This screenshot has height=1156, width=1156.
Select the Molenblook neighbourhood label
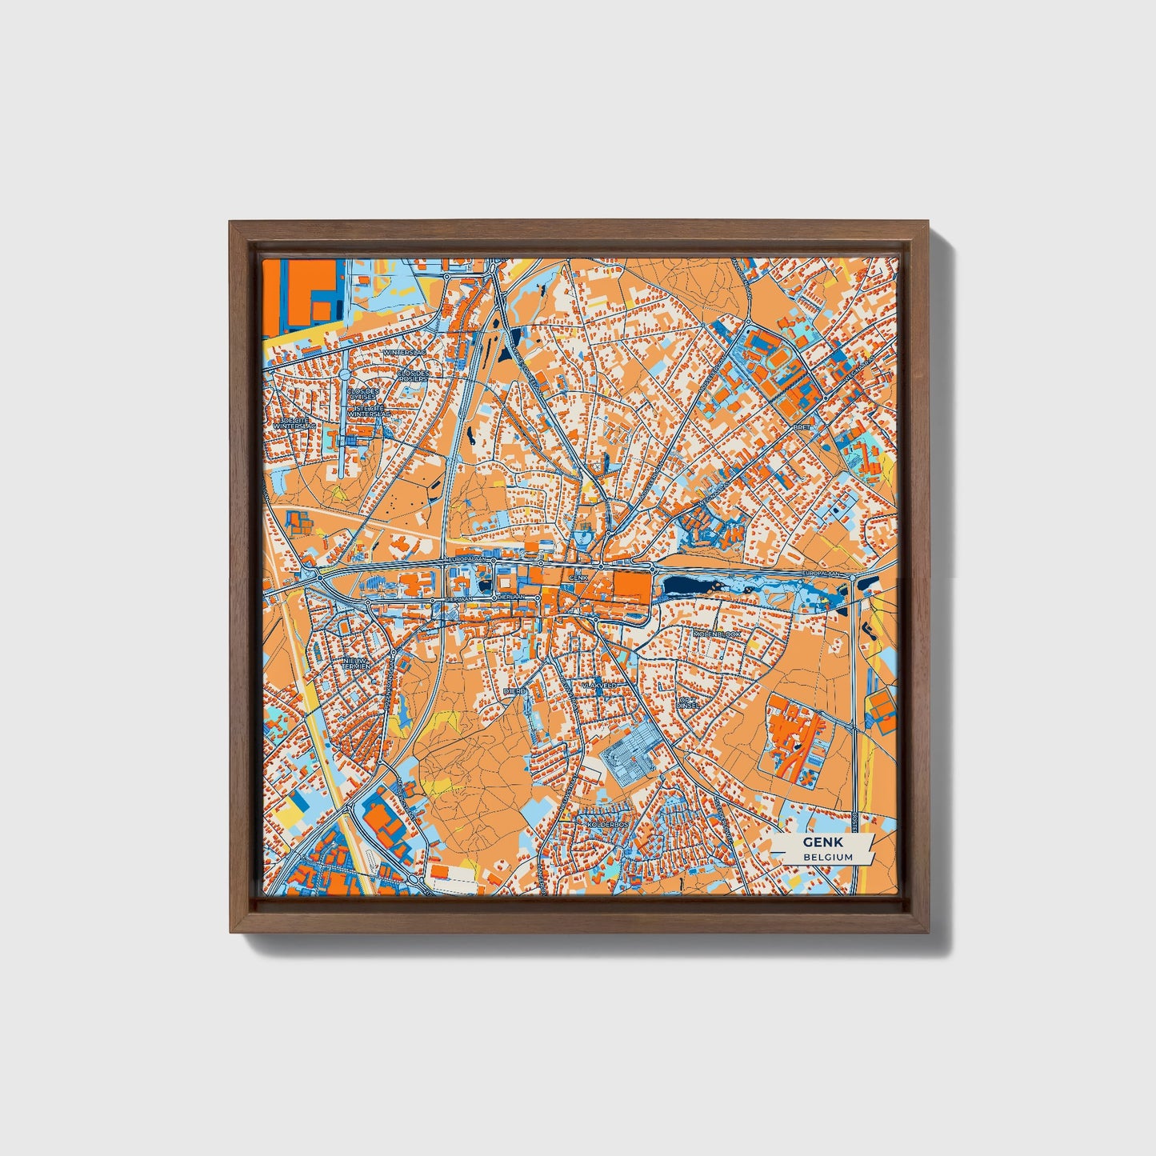[718, 634]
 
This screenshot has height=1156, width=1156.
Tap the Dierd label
[514, 690]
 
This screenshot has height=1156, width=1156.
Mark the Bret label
[803, 427]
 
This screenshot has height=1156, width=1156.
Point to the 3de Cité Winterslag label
[294, 423]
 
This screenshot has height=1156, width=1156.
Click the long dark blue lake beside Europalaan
[690, 586]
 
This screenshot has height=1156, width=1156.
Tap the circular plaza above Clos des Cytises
[344, 374]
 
